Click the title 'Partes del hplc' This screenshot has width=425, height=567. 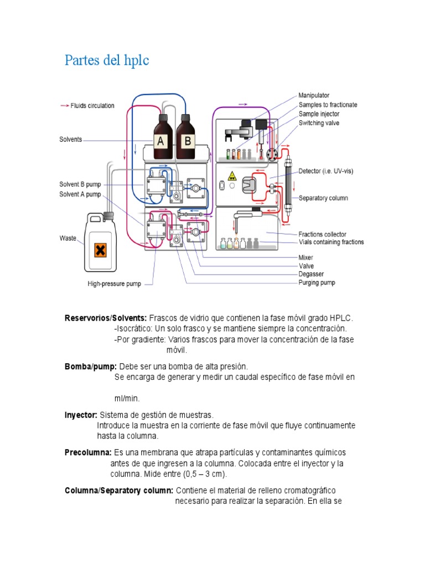[x=107, y=60]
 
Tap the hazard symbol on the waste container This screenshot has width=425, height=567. [x=100, y=250]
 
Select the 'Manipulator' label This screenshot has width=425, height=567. [x=314, y=96]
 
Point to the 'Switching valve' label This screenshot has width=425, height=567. [x=319, y=123]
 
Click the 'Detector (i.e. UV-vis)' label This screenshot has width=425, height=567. [x=325, y=171]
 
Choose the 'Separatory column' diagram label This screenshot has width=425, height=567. [x=323, y=198]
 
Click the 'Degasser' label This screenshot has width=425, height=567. [x=311, y=274]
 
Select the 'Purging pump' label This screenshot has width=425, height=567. [x=317, y=282]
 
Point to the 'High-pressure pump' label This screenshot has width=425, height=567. [x=114, y=284]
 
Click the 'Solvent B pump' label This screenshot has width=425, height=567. [x=80, y=184]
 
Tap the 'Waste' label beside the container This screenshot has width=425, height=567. [x=68, y=238]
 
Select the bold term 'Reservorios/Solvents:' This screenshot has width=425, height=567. [x=106, y=318]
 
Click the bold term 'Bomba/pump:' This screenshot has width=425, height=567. [x=91, y=367]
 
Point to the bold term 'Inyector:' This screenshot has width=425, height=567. [x=81, y=415]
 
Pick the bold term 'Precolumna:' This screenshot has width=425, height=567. [x=88, y=453]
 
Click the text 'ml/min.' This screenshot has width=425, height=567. [x=127, y=398]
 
